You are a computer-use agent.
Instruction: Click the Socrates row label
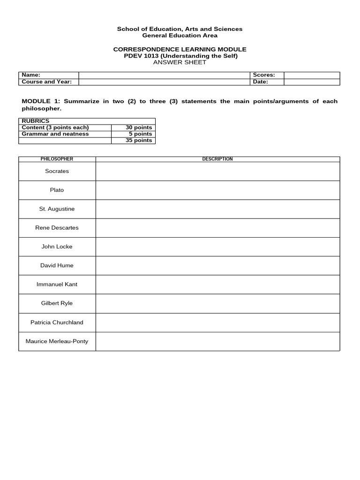(57, 171)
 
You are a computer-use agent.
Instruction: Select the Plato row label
(57, 190)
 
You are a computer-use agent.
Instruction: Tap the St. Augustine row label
(57, 209)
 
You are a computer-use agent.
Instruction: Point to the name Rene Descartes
(57, 228)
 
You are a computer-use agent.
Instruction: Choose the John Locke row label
(57, 247)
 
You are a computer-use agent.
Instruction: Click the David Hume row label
(57, 265)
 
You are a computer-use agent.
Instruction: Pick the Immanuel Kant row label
(57, 284)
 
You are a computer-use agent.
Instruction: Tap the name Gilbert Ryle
(57, 303)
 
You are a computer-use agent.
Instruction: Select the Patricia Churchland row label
(57, 322)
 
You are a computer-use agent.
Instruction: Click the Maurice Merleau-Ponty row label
(57, 341)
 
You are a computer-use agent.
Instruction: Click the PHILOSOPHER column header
(57, 159)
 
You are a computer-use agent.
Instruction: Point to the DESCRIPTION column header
(217, 159)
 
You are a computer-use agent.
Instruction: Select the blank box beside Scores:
(312, 75)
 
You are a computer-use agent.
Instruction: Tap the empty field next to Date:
(312, 82)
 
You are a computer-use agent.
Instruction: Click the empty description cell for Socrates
(217, 171)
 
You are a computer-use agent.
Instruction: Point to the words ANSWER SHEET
(180, 62)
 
